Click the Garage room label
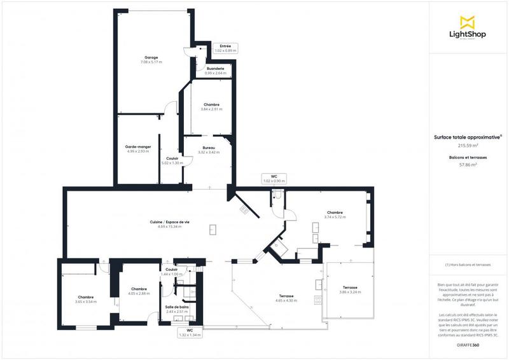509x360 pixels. [151, 60]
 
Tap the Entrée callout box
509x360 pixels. [225, 48]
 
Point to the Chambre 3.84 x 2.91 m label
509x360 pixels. [211, 107]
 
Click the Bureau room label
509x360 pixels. [209, 149]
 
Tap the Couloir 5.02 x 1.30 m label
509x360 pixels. [172, 160]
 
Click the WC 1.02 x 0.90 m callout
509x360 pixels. [274, 179]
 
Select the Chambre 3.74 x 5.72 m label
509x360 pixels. [335, 215]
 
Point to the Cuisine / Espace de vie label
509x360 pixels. [169, 224]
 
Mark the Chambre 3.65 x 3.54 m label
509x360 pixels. [86, 299]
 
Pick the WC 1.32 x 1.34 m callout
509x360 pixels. [190, 333]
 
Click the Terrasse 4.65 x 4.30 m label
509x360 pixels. [286, 298]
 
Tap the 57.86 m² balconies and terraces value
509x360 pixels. [468, 164]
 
